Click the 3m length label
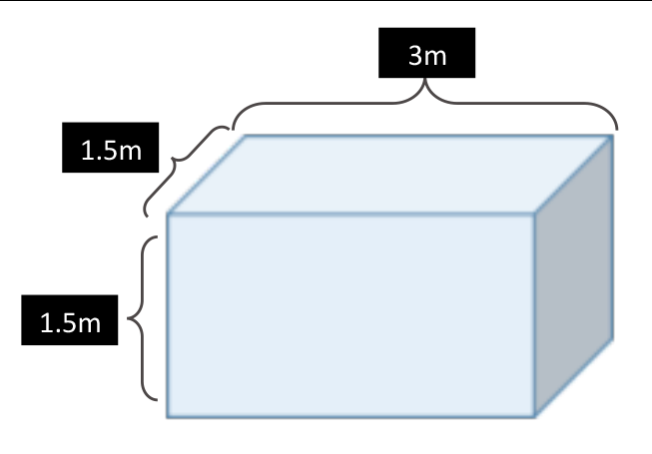click(x=427, y=55)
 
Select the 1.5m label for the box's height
click(x=70, y=321)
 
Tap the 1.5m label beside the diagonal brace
click(x=110, y=150)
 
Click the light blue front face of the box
click(x=349, y=314)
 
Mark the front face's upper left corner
click(x=168, y=214)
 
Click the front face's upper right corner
click(x=535, y=214)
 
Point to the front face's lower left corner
click(x=168, y=415)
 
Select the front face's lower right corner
click(x=535, y=415)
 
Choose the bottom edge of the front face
click(x=349, y=415)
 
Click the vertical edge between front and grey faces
click(x=535, y=314)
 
